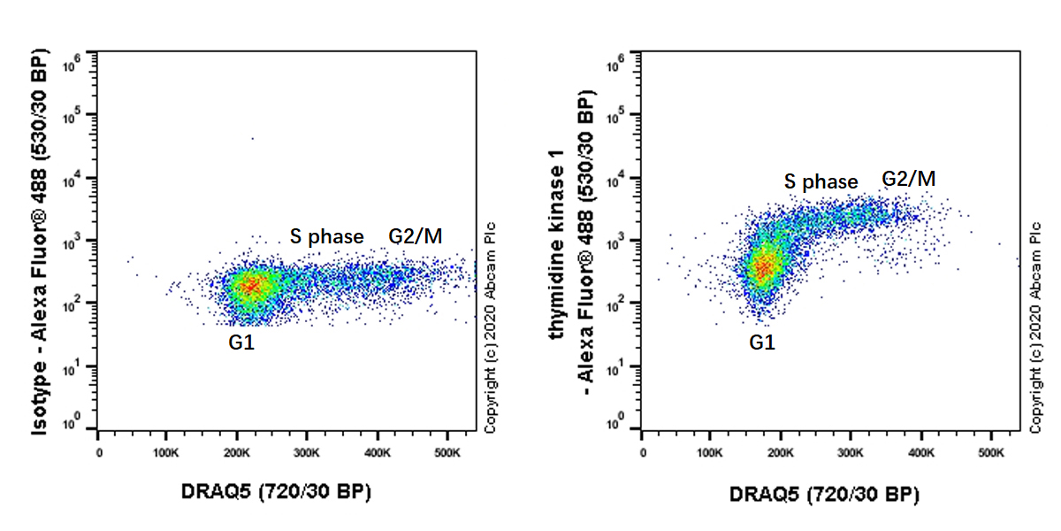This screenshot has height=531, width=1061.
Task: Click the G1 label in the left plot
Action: (x=241, y=342)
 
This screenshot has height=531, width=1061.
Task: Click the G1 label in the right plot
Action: (x=761, y=342)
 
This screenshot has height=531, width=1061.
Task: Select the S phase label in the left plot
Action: (x=327, y=236)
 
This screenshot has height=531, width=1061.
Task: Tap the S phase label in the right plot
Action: (x=821, y=181)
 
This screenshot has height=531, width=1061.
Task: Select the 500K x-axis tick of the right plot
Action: (x=991, y=453)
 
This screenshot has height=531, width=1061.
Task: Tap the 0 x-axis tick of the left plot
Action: (x=98, y=453)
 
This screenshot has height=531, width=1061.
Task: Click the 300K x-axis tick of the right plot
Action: (x=851, y=453)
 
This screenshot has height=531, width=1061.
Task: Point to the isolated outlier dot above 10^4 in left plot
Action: (x=252, y=138)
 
